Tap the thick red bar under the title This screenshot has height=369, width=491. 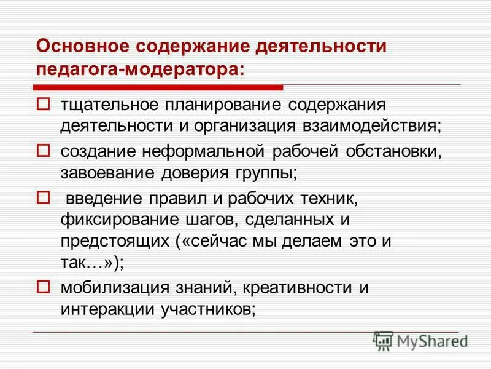click(x=160, y=86)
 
